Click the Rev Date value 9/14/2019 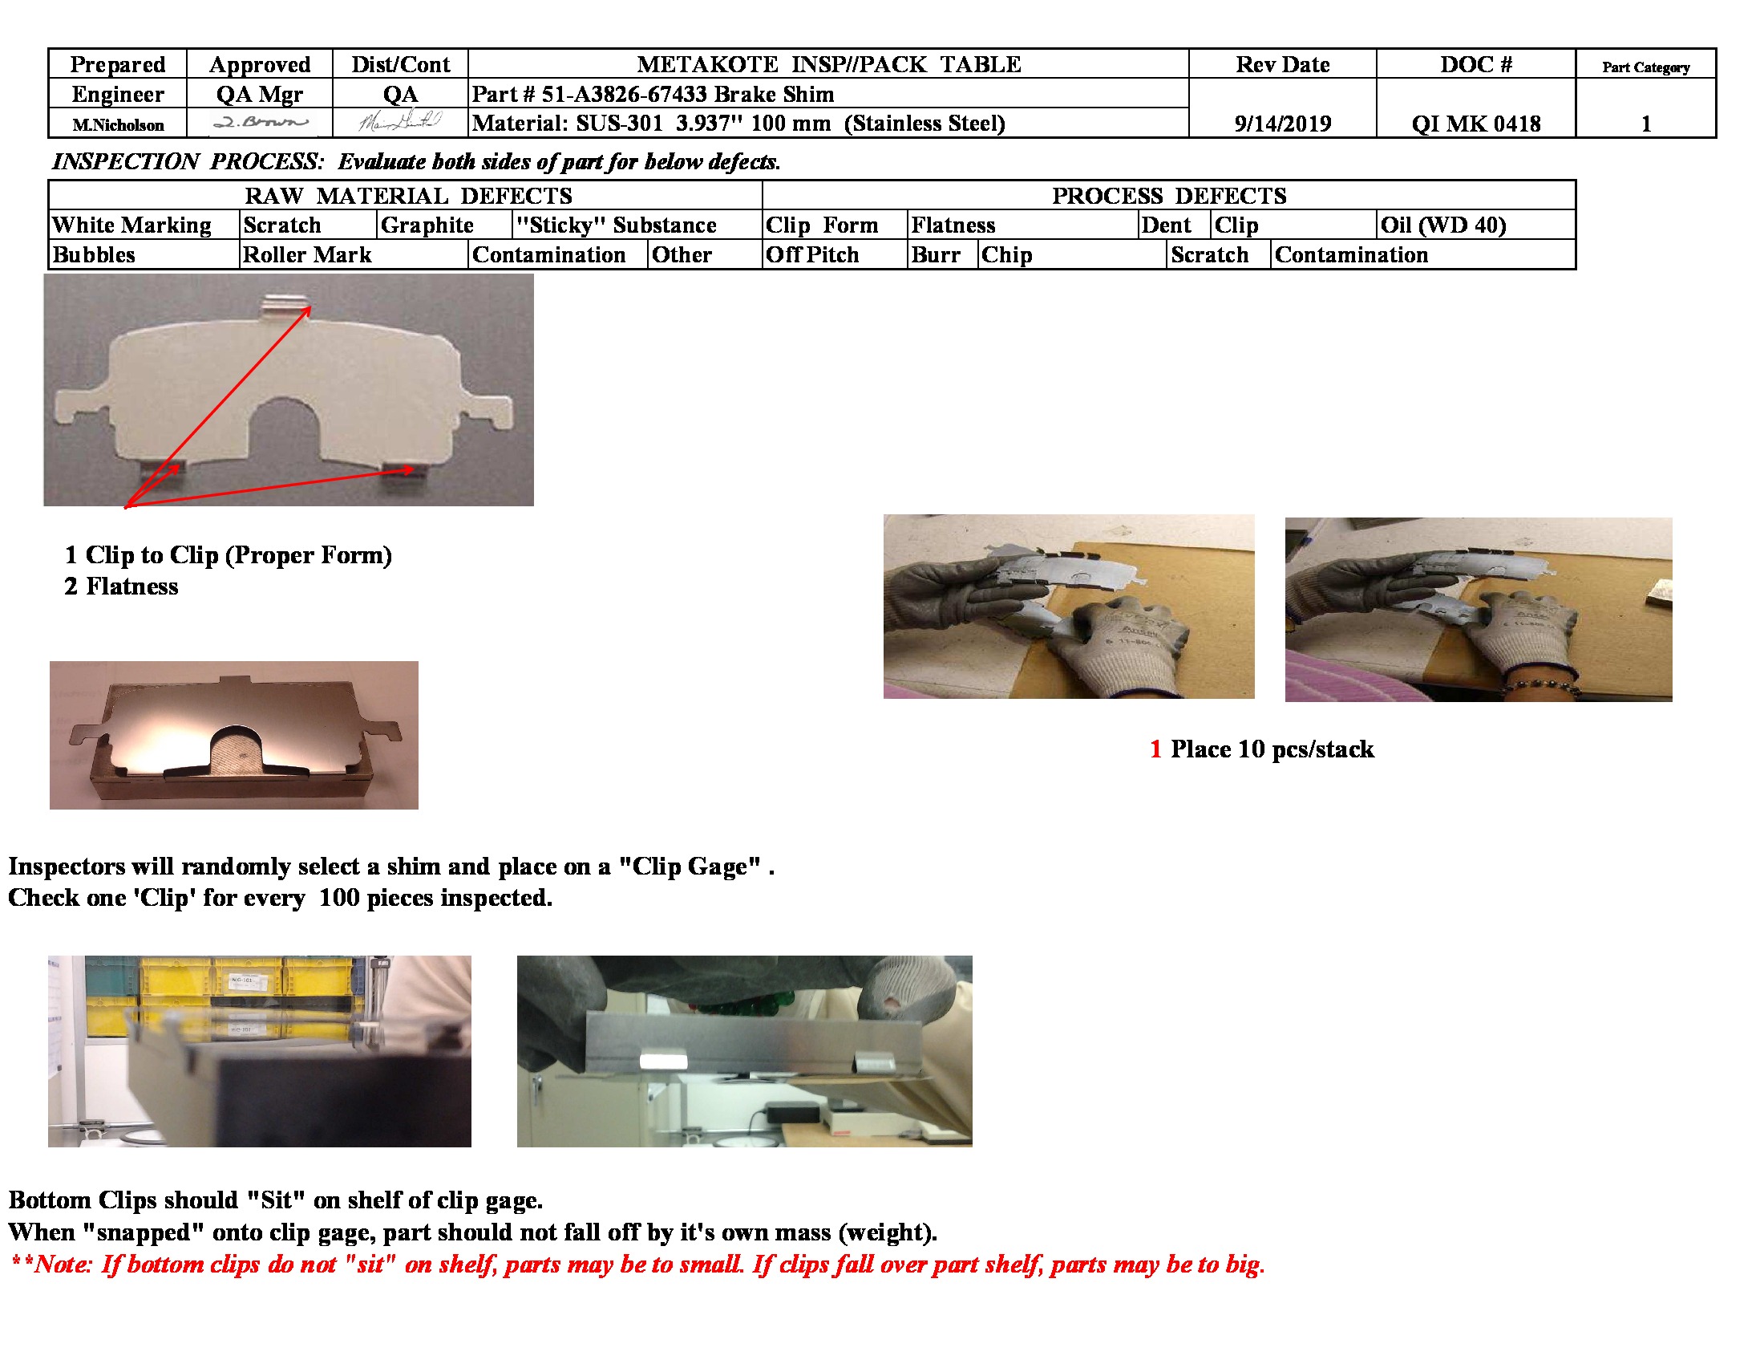pos(1282,124)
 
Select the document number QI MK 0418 pos(1475,124)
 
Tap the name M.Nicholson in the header pos(118,125)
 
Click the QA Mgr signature pos(259,123)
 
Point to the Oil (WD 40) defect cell pos(1442,225)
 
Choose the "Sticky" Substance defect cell pos(617,225)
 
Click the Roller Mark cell pos(307,254)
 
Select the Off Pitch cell pos(811,254)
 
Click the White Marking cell pos(131,225)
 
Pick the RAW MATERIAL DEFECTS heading pos(408,196)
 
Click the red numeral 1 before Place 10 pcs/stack pos(1155,749)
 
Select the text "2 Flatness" pos(121,586)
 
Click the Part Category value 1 pos(1645,124)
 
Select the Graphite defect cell pos(427,225)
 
